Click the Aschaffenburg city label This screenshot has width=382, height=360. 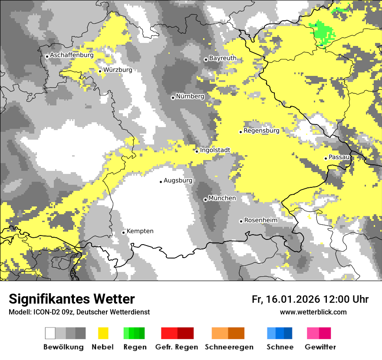click(72, 56)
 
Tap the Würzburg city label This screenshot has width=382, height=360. click(118, 70)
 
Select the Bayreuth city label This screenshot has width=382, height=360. click(223, 58)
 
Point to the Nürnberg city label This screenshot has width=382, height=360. click(190, 96)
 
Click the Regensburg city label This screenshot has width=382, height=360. click(261, 131)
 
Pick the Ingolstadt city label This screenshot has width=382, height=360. click(215, 151)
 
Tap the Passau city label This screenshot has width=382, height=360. click(339, 157)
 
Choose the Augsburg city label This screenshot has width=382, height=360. click(178, 180)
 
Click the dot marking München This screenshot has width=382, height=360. click(205, 200)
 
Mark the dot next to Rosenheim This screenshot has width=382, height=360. click(241, 221)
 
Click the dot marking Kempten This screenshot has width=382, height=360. click(123, 232)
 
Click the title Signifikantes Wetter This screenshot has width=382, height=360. click(72, 299)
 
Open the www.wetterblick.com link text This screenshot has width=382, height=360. click(313, 312)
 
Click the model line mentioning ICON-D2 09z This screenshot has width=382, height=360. click(79, 312)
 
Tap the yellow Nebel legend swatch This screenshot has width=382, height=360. click(103, 333)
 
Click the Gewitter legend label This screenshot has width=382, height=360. click(320, 347)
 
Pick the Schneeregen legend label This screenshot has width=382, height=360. click(229, 347)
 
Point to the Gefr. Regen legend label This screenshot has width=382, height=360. click(176, 347)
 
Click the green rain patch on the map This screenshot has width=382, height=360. click(323, 33)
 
